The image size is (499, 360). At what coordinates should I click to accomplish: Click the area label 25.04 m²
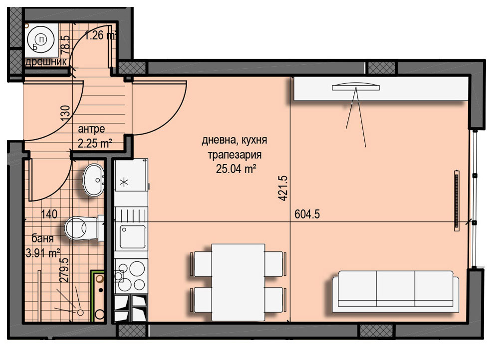[x=236, y=169]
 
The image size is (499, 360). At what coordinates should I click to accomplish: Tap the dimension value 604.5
[x=307, y=214]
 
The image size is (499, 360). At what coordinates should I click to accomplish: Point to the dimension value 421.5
[x=282, y=188]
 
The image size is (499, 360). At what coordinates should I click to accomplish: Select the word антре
[x=91, y=129]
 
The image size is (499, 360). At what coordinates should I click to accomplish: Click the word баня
[x=42, y=238]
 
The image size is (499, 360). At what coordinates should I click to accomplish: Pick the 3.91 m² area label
[x=42, y=253]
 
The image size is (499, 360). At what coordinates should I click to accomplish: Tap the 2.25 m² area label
[x=95, y=144]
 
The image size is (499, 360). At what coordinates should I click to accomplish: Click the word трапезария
[x=235, y=155]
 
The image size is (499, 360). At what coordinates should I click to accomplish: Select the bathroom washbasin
[x=94, y=180]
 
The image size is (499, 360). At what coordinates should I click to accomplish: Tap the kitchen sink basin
[x=132, y=237]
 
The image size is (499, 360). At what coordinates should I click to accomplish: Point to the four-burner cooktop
[x=131, y=276]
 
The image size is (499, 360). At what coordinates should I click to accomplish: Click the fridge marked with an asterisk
[x=132, y=175]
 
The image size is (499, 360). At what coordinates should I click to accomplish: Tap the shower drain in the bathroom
[x=80, y=313]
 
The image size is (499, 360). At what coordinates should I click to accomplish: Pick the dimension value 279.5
[x=64, y=270]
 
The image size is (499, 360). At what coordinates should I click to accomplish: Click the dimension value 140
[x=49, y=214]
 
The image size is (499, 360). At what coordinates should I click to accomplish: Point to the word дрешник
[x=46, y=61]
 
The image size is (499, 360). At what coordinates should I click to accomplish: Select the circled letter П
[x=42, y=39]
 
